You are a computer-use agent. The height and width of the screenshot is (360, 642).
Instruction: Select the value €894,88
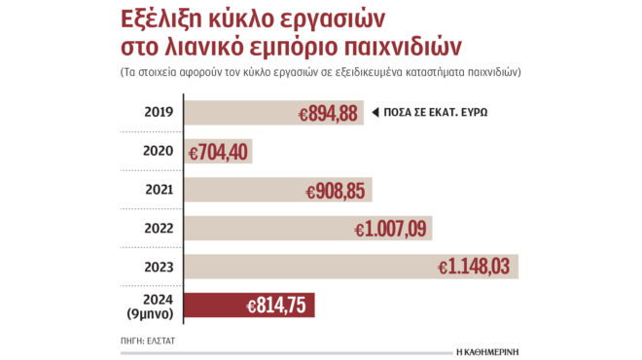point(329,113)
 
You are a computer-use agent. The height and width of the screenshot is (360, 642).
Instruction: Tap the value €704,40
point(219,152)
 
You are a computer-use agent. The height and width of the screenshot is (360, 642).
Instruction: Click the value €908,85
point(338,191)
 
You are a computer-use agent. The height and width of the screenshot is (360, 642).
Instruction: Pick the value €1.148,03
point(475,267)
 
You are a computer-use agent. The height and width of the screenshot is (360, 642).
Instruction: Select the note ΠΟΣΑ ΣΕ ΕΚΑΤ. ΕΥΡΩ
point(435,112)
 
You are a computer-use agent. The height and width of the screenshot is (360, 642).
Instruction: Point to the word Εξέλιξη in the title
point(167,19)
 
